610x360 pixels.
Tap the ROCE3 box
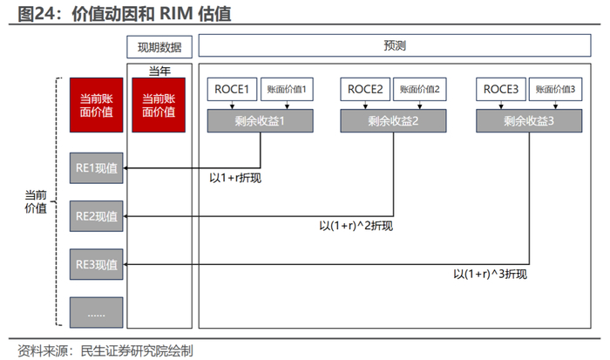501,89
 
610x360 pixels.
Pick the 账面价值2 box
420,89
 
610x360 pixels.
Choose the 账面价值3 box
556,89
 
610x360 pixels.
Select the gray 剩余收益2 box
393,121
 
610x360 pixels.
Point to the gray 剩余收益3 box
528,121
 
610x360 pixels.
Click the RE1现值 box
96,168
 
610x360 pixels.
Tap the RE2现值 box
96,215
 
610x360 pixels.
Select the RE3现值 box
96,263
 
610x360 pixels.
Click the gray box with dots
96,311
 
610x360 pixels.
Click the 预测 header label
395,45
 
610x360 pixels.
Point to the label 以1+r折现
235,179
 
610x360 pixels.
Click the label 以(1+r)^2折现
356,227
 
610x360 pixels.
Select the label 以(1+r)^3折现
490,274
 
